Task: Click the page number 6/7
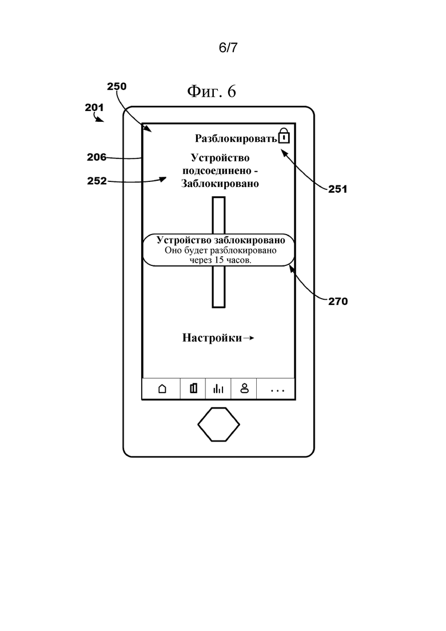pyautogui.click(x=228, y=47)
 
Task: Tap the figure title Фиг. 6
pyautogui.click(x=212, y=92)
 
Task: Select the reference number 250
pyautogui.click(x=117, y=86)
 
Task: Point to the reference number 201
pyautogui.click(x=94, y=108)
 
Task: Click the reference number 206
pyautogui.click(x=97, y=157)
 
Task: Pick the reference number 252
pyautogui.click(x=97, y=181)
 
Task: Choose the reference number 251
pyautogui.click(x=338, y=189)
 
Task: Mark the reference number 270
pyautogui.click(x=338, y=301)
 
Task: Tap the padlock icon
pyautogui.click(x=284, y=136)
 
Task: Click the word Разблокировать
pyautogui.click(x=236, y=138)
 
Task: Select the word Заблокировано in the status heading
pyautogui.click(x=220, y=184)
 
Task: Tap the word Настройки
pyautogui.click(x=212, y=338)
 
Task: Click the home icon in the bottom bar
pyautogui.click(x=162, y=389)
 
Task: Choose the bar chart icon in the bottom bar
pyautogui.click(x=218, y=389)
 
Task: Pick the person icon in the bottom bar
pyautogui.click(x=245, y=388)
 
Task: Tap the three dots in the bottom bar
pyautogui.click(x=277, y=391)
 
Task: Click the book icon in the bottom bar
pyautogui.click(x=193, y=388)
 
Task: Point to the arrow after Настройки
pyautogui.click(x=249, y=338)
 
